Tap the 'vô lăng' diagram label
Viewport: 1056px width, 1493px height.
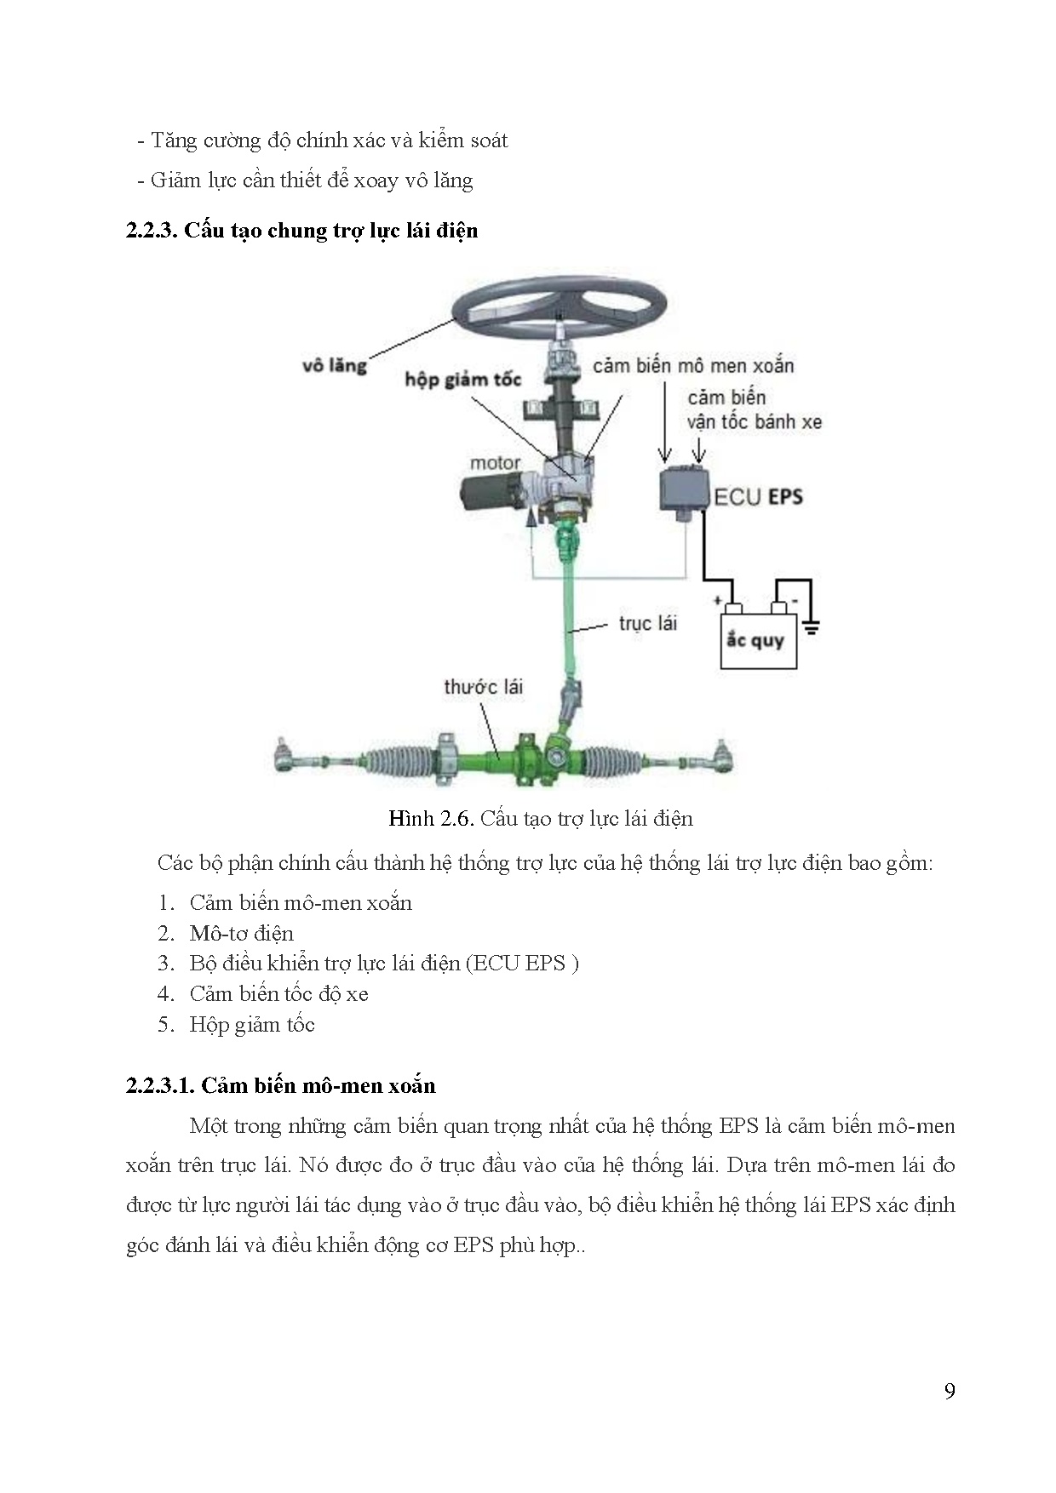point(334,365)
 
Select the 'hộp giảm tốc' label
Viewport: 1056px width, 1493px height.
point(462,379)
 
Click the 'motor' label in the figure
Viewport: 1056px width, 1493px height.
point(495,463)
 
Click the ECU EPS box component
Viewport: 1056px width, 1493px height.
point(685,489)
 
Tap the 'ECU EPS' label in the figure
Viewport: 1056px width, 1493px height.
point(758,496)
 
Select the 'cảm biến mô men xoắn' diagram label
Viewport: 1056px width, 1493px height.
point(693,366)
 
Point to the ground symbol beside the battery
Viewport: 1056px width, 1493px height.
point(811,627)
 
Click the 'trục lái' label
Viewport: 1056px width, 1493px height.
point(647,623)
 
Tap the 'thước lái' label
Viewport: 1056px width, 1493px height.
point(483,686)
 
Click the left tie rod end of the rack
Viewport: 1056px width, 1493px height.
point(286,756)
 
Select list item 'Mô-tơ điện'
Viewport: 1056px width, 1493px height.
point(241,933)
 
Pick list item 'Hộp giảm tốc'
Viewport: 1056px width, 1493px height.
point(252,1024)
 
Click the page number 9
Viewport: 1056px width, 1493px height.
point(950,1391)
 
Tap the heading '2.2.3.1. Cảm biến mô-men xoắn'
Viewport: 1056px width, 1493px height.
point(280,1085)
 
